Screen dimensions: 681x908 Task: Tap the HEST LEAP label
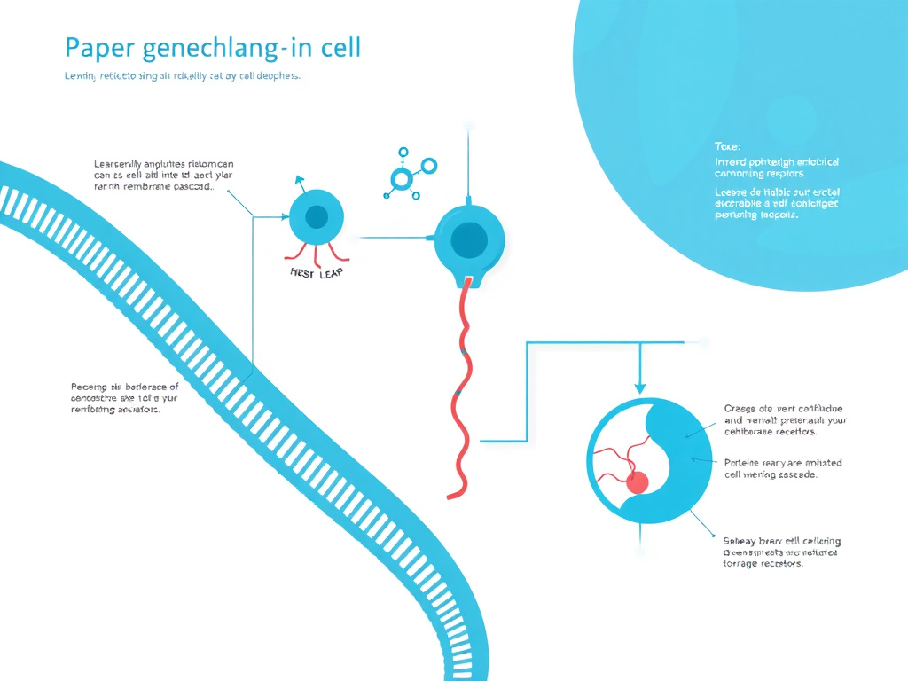point(317,273)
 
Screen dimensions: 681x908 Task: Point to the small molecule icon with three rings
point(403,172)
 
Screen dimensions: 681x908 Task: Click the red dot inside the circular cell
point(637,482)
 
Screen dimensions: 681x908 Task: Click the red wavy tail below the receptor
point(463,390)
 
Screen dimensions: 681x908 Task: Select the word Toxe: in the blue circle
point(727,145)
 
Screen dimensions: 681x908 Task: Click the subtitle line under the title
point(183,76)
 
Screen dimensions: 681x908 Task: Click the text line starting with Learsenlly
point(163,164)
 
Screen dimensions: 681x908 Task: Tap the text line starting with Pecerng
point(124,387)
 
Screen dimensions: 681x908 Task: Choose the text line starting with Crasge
point(785,409)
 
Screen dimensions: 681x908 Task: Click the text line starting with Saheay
point(782,541)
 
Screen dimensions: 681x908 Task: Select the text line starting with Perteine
point(783,463)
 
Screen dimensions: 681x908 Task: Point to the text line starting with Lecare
point(777,192)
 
